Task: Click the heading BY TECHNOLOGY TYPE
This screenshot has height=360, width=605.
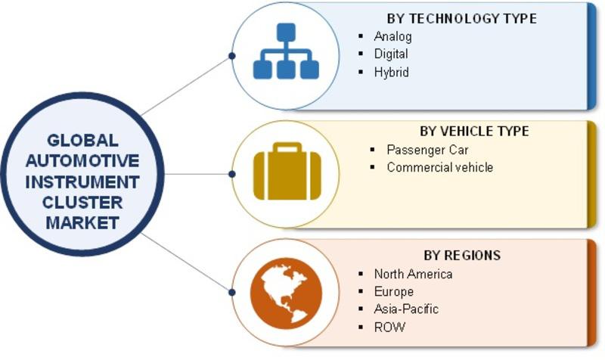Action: pos(461,18)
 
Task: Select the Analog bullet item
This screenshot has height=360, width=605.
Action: pos(392,36)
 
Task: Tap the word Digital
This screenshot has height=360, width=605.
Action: pos(391,54)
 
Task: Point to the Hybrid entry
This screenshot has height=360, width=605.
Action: pos(391,72)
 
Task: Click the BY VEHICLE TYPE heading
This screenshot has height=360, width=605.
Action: pos(474,131)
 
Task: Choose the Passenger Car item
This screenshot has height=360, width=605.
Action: pos(427,150)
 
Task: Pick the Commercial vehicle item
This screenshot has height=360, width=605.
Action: pos(440,167)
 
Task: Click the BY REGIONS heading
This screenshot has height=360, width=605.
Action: pos(462,255)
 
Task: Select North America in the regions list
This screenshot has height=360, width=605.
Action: pos(413,274)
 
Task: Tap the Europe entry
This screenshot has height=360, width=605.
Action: pos(393,292)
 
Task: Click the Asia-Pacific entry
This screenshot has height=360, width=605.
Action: pos(406,309)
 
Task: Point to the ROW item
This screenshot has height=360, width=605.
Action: pos(389,327)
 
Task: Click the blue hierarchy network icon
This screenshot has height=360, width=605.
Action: pos(286,51)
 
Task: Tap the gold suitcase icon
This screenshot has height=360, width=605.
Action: pos(287,172)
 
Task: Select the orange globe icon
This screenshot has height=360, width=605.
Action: pos(286,293)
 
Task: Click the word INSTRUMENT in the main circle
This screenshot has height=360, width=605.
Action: pos(82,182)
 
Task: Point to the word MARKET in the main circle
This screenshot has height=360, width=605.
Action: pos(82,223)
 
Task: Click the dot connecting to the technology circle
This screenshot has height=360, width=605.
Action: pos(232,56)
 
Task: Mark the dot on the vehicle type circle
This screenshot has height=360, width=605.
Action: pos(232,175)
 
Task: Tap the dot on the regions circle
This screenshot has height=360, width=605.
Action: pos(232,293)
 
